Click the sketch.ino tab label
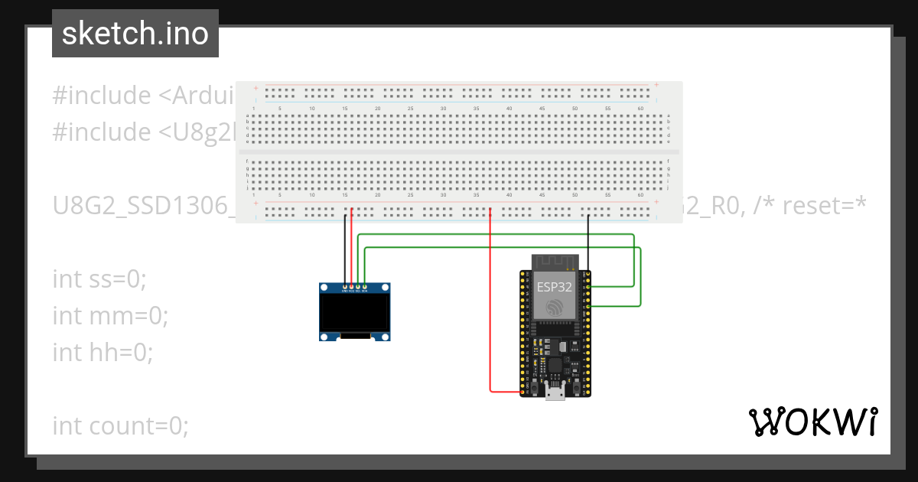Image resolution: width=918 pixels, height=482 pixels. pyautogui.click(x=135, y=34)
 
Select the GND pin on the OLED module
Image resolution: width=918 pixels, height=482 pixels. pyautogui.click(x=345, y=288)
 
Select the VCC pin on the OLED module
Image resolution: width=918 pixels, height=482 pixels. pyautogui.click(x=352, y=288)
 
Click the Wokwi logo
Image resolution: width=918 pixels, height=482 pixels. pyautogui.click(x=813, y=422)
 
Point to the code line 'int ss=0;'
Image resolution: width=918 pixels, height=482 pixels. pyautogui.click(x=99, y=279)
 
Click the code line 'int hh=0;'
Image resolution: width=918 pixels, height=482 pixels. pyautogui.click(x=103, y=352)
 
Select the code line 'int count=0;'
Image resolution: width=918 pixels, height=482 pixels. pyautogui.click(x=120, y=425)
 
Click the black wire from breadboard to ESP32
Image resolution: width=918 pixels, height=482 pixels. pyautogui.click(x=588, y=241)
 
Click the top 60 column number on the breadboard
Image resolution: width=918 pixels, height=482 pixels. pyautogui.click(x=640, y=109)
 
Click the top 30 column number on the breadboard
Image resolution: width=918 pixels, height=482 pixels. pyautogui.click(x=443, y=109)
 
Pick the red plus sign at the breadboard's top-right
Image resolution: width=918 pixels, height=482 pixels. pyautogui.click(x=656, y=85)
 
